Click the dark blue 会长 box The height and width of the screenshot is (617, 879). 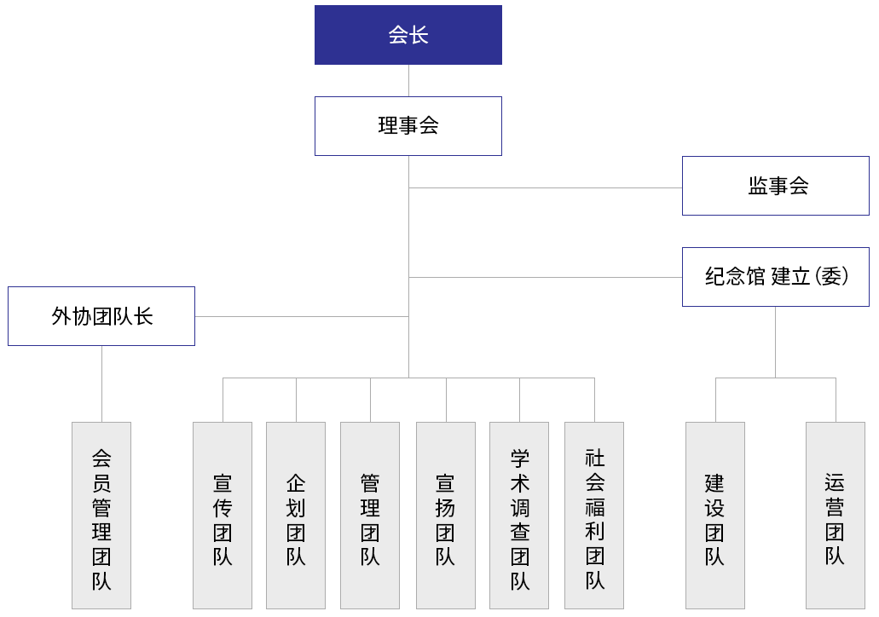point(408,35)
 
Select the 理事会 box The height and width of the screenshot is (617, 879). point(408,126)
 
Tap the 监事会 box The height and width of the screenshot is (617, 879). point(776,186)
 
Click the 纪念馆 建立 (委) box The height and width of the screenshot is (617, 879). point(776,277)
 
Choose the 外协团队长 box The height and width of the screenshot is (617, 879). point(101,316)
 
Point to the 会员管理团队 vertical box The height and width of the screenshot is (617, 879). point(101,516)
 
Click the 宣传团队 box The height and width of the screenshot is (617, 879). point(223,516)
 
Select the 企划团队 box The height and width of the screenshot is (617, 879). point(296,516)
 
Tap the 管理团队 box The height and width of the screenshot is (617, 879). point(370,516)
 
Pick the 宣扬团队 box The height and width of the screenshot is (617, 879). point(446,516)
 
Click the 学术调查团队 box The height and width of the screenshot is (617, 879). point(519,516)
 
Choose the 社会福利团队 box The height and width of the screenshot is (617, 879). point(594,516)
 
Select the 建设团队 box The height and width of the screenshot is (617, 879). point(715,516)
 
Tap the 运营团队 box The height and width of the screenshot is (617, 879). point(836,516)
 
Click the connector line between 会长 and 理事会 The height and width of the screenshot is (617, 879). point(408,81)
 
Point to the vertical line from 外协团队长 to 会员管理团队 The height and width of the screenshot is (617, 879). point(102,383)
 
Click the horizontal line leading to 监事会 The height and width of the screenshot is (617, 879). point(546,187)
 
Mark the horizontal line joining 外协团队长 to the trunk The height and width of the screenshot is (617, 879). point(302,317)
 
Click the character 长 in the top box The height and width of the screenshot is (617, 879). point(419,35)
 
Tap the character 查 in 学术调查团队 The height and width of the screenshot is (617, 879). point(520,532)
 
